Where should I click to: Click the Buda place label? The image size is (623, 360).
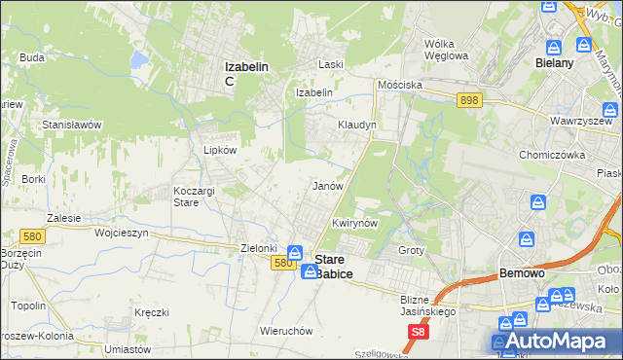click(32, 57)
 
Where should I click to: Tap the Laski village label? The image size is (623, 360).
click(333, 64)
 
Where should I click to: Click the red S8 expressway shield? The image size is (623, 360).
click(418, 333)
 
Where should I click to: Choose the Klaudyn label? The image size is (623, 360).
click(356, 126)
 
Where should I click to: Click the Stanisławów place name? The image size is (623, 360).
click(72, 125)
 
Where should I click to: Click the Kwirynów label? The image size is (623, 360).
click(354, 223)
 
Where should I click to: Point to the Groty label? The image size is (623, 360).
click(413, 250)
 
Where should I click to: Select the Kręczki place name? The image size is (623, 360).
click(153, 312)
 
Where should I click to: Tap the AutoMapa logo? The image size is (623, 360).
click(556, 342)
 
